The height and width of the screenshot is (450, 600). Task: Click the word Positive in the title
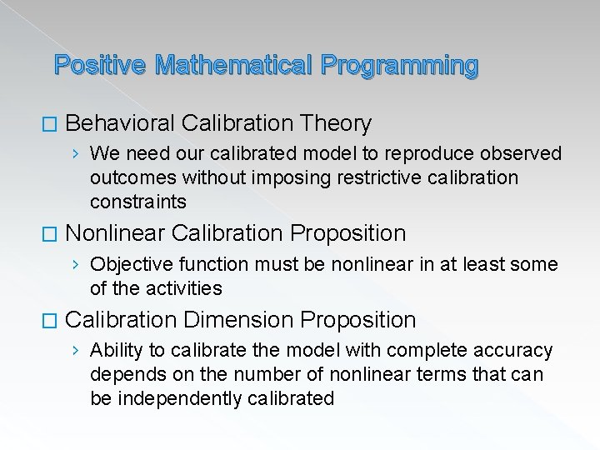(100, 65)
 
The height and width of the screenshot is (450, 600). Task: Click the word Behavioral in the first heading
(119, 124)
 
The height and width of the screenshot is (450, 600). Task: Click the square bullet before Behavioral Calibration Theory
(52, 125)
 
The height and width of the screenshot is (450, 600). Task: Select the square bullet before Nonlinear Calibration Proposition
(52, 234)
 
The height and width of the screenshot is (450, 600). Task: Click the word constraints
(137, 202)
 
